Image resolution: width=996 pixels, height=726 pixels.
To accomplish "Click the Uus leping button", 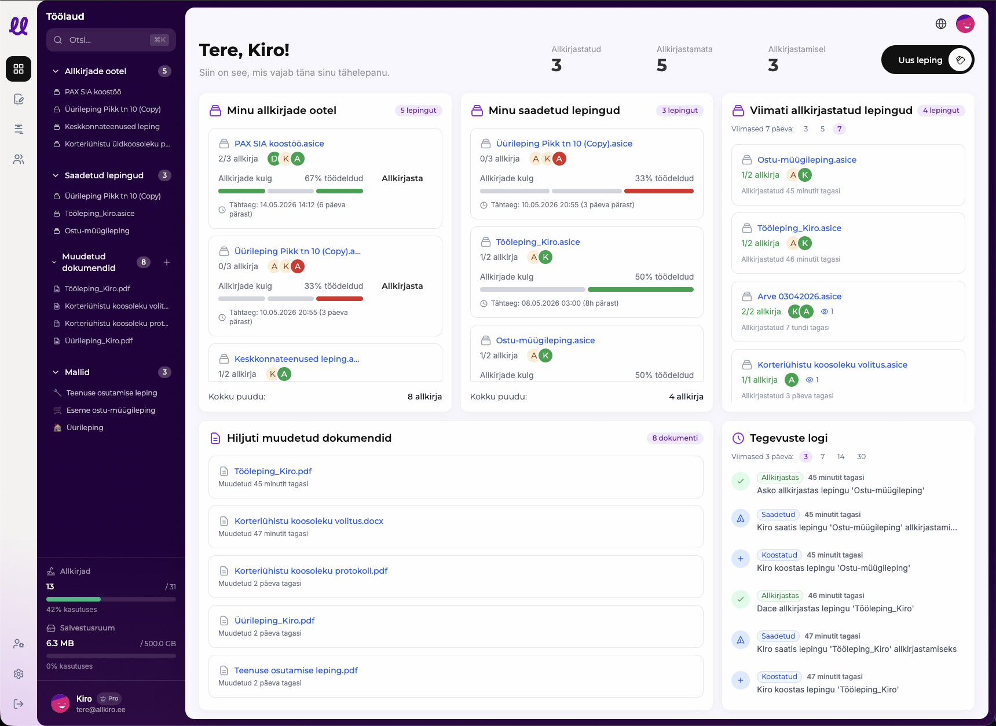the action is (927, 60).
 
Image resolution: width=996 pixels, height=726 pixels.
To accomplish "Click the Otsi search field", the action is (111, 40).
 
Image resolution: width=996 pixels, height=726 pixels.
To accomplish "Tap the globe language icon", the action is (941, 24).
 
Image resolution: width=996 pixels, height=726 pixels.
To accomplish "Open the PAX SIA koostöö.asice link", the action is (279, 144).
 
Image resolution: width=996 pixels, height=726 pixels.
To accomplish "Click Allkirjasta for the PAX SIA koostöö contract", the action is (402, 178).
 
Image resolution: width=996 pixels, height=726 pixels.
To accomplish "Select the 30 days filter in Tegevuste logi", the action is (861, 457).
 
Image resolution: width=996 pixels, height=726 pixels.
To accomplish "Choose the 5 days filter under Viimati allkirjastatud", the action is (822, 129).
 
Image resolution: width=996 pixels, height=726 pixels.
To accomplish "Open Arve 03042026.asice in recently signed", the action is (799, 296).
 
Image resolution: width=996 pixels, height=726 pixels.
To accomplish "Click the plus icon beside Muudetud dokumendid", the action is (167, 262).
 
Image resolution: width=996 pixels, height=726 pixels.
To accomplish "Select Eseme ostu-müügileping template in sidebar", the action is (111, 410).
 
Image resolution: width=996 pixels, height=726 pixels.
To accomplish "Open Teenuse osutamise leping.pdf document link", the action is (296, 670).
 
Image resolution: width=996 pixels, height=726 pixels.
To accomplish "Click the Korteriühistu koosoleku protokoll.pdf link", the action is (311, 571).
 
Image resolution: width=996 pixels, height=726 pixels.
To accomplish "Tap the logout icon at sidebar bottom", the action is (19, 704).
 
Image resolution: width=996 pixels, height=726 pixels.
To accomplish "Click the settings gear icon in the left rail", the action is (19, 674).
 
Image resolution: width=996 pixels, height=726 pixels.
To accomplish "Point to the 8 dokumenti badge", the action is (675, 438).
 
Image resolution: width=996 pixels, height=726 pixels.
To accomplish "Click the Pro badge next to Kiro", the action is (109, 699).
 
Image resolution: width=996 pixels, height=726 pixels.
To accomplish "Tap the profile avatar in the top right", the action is (965, 24).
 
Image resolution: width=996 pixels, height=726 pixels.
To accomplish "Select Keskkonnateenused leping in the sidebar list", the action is (112, 127).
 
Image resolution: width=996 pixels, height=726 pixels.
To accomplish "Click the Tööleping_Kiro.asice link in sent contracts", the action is (538, 242).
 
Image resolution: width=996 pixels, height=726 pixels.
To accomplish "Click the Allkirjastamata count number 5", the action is (662, 65).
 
